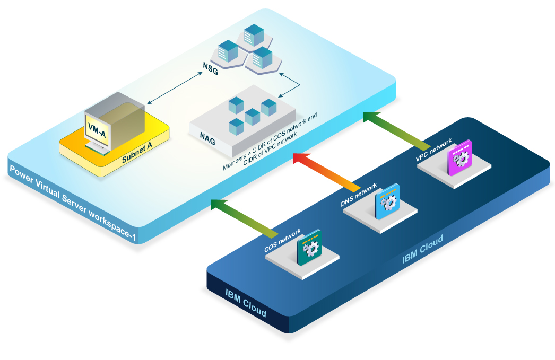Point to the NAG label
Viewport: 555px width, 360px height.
pyautogui.click(x=207, y=137)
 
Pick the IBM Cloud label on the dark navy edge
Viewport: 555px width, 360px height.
pyautogui.click(x=245, y=302)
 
